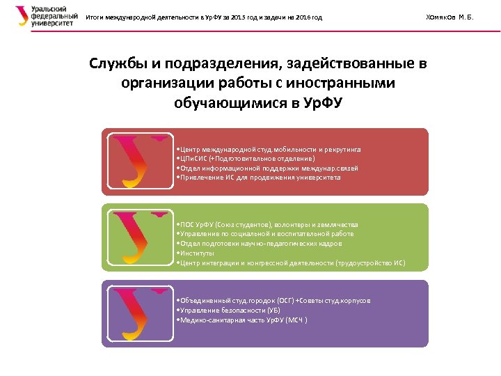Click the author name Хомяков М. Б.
pos(448,17)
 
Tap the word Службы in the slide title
pos(117,65)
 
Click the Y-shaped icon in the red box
pos(140,162)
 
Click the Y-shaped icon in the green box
pos(140,237)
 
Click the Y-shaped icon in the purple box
pos(140,313)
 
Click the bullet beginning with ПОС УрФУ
pos(268,225)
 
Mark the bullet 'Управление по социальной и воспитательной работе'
pos(266,235)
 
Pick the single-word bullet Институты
pos(196,253)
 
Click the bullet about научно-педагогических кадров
pos(260,244)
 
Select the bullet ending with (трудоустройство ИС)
pos(291,263)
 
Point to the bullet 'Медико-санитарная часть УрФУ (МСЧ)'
pos(243,320)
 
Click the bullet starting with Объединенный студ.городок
pos(274,300)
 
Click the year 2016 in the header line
pos(297,17)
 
